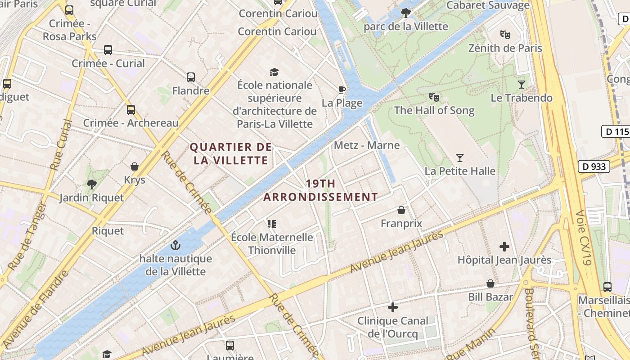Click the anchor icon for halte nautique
175,245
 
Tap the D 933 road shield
594,166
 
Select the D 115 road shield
616,132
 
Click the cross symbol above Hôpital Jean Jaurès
504,247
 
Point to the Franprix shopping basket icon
401,210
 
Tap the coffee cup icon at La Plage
342,90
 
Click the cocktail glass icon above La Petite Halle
459,158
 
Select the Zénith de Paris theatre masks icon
505,34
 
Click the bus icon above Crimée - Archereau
131,109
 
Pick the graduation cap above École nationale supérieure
274,72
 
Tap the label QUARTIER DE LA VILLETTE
231,153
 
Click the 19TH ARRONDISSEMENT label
320,190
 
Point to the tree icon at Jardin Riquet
92,184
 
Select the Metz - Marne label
367,145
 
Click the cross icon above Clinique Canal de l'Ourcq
393,307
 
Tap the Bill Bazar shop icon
490,283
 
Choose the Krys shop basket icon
134,166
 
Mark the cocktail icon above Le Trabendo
521,84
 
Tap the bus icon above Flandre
191,77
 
